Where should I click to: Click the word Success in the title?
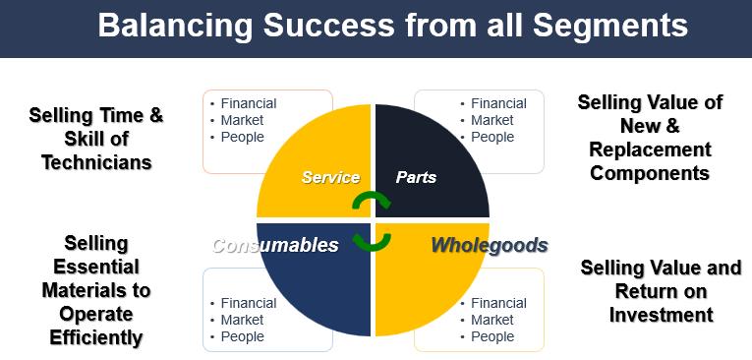328,25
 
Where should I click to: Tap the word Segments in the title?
610,25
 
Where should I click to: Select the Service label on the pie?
330,178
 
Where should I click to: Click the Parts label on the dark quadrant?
416,178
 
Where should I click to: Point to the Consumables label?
275,245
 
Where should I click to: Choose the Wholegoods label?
490,245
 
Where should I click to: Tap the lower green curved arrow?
372,242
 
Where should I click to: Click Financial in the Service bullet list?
249,103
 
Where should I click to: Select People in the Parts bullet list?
492,138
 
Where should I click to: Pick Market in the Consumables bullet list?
242,320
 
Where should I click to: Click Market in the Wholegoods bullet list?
492,320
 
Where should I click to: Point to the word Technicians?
96,162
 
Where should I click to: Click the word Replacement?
650,150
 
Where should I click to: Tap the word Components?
650,173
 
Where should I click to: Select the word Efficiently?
96,337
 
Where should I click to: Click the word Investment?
661,315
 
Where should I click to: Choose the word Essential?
96,267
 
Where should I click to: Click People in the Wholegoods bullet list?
492,337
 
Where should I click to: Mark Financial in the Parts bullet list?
498,103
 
